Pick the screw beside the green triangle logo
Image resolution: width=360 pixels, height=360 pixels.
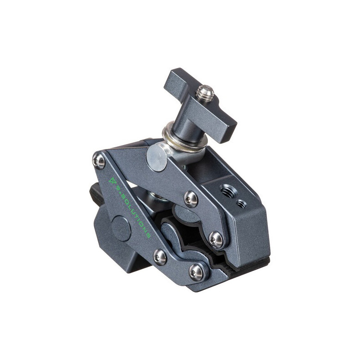click(x=99, y=161)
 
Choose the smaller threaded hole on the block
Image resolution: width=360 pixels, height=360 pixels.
click(x=241, y=204)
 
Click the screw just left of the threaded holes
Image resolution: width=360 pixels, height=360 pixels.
click(x=191, y=198)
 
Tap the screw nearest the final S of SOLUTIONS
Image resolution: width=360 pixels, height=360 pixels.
click(x=160, y=257)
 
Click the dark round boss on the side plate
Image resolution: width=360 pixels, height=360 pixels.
click(x=121, y=228)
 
